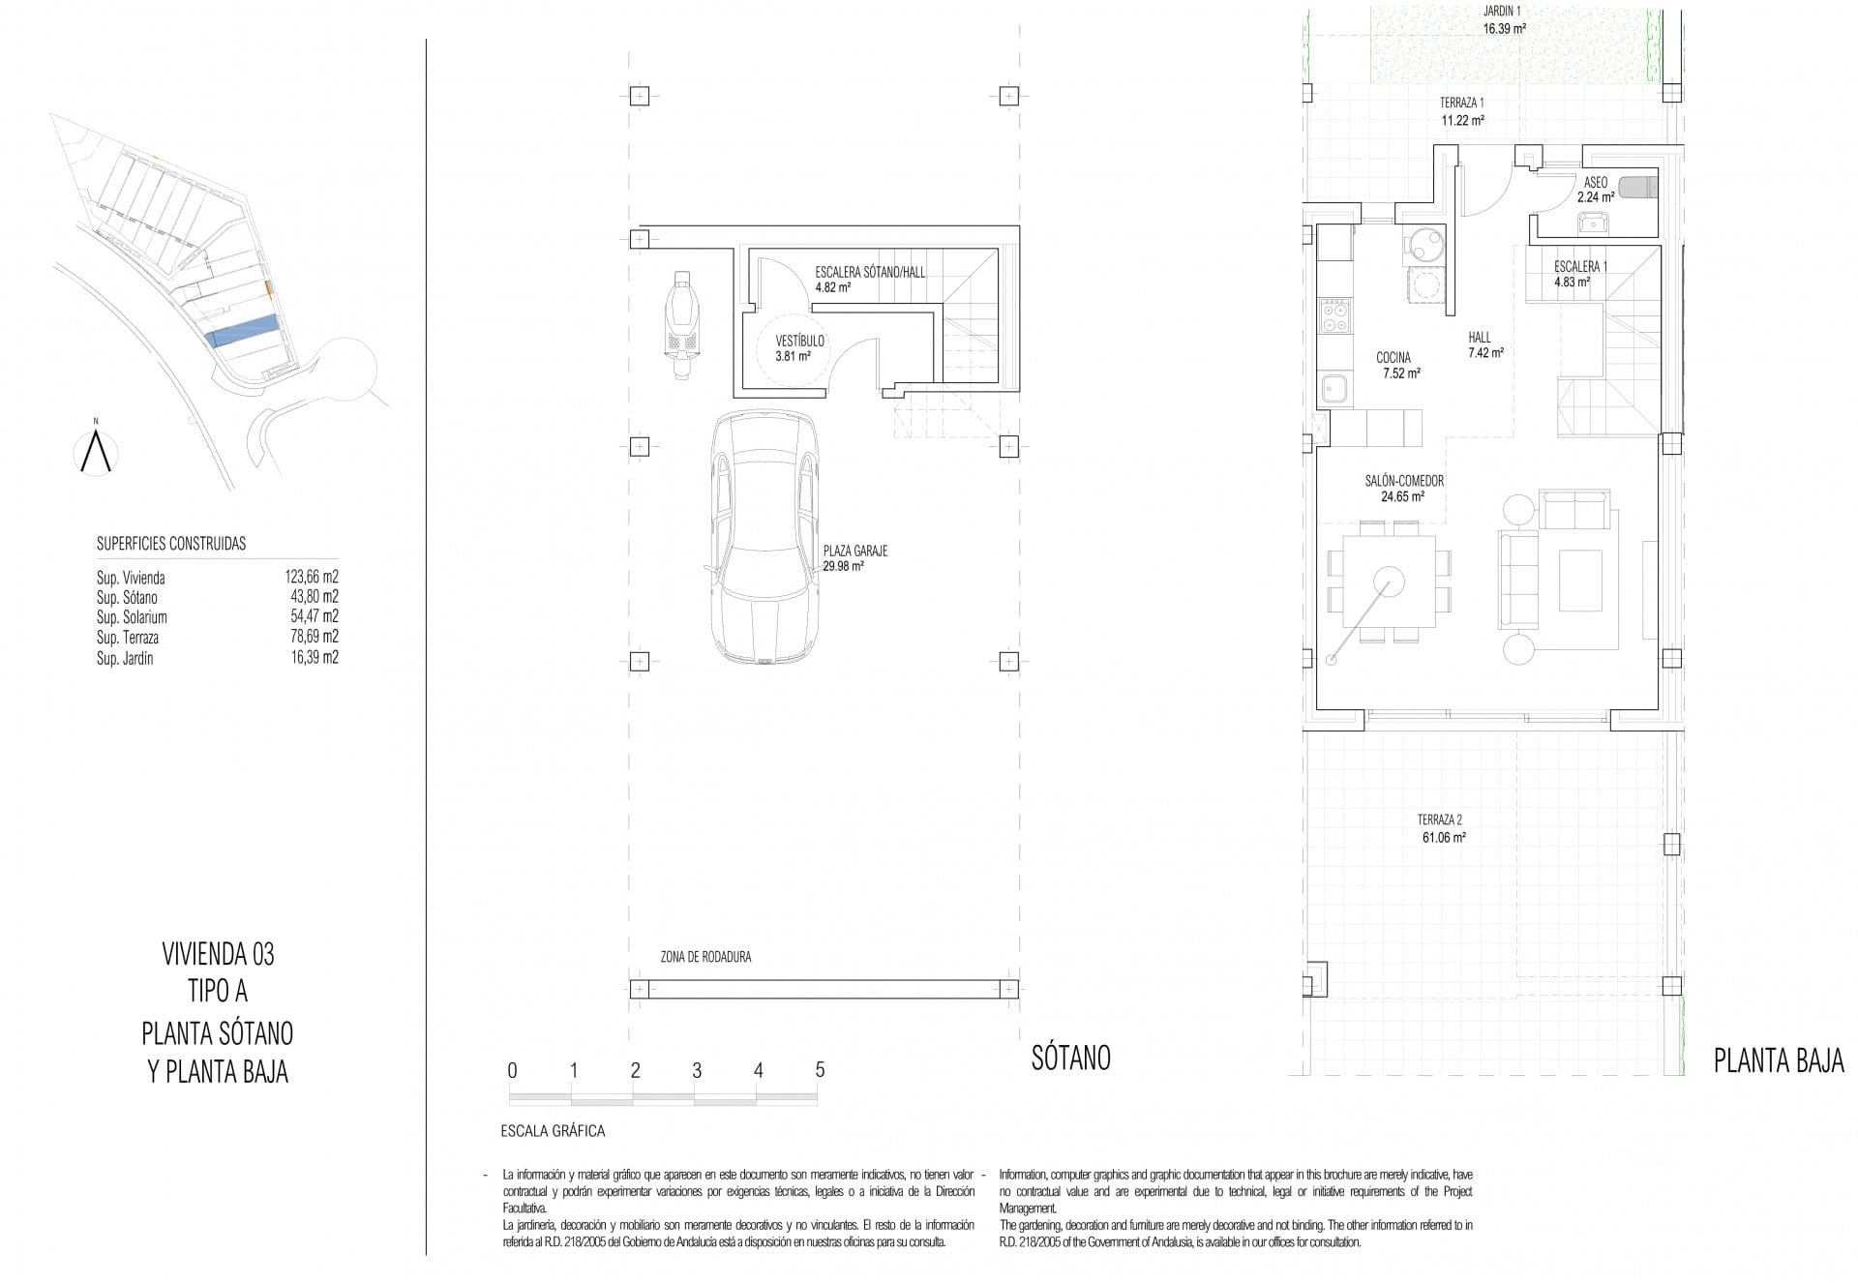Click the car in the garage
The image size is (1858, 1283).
764,538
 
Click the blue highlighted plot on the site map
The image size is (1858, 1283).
242,330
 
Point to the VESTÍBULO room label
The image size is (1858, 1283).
799,342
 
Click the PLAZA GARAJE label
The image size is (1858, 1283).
854,552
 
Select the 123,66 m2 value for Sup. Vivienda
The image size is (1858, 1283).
311,578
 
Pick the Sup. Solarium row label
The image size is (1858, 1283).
132,617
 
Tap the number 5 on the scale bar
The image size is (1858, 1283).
820,1070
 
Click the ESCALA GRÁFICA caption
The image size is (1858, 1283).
553,1130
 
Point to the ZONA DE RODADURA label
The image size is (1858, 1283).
705,957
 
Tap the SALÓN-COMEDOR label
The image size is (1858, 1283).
1404,481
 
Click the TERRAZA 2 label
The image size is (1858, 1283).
1441,820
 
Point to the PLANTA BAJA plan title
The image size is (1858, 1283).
1779,1061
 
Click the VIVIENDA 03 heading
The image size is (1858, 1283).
218,955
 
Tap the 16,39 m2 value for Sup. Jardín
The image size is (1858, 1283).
314,658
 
